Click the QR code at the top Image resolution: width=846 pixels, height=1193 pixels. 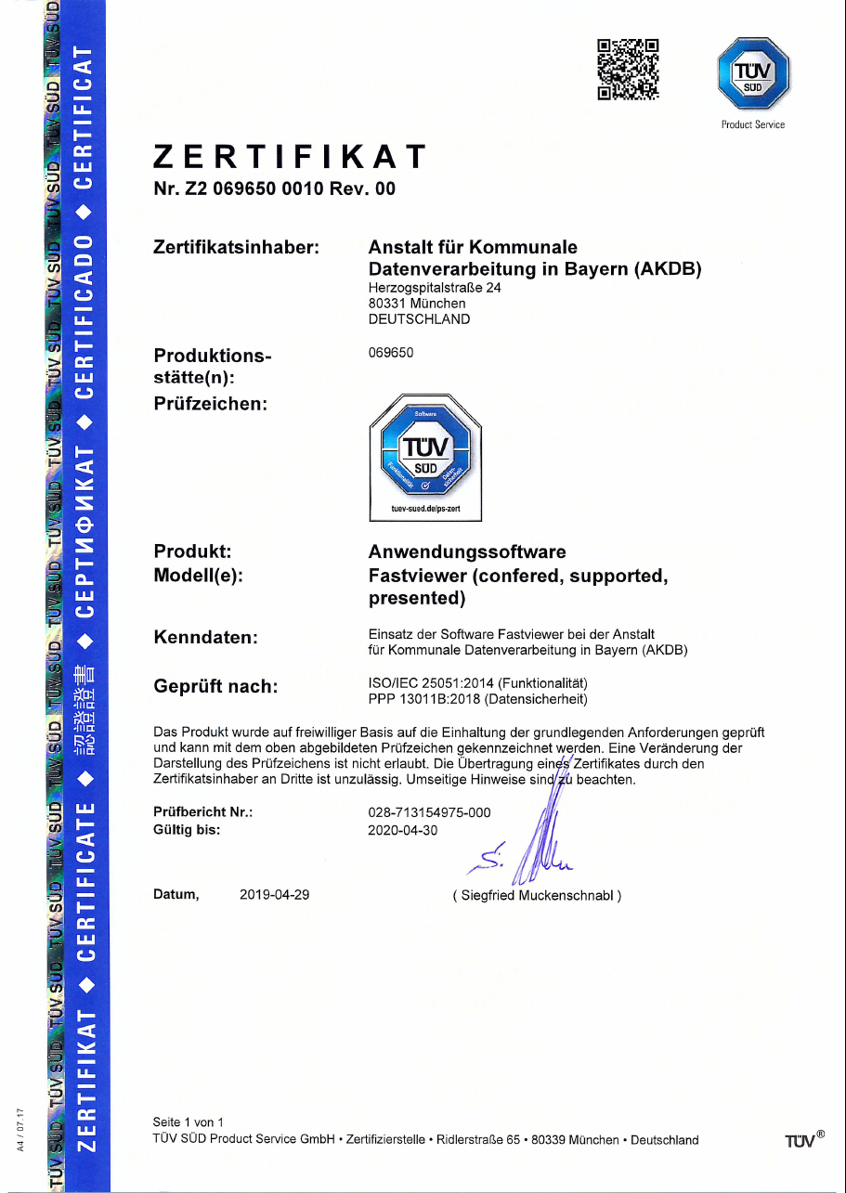click(628, 68)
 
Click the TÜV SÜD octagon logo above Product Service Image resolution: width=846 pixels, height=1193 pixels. click(753, 71)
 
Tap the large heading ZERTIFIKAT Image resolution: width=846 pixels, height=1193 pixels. click(290, 156)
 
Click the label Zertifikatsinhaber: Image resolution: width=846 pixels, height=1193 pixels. click(236, 248)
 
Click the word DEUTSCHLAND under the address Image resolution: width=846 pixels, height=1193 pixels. click(419, 319)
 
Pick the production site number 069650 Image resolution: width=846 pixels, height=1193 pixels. click(391, 353)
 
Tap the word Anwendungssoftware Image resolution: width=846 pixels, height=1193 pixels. click(467, 552)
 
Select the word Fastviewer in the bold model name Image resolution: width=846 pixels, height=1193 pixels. click(416, 576)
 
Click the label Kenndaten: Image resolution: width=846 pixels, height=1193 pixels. click(204, 637)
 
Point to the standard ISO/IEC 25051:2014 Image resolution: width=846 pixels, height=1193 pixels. click(431, 684)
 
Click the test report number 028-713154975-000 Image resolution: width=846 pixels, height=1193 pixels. click(429, 813)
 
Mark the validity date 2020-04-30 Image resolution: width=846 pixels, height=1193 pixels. click(401, 830)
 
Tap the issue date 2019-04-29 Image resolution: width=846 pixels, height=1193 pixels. click(274, 895)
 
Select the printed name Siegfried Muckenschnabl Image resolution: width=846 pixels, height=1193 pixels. click(537, 896)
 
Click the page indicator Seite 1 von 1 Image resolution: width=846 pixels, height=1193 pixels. click(189, 1122)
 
